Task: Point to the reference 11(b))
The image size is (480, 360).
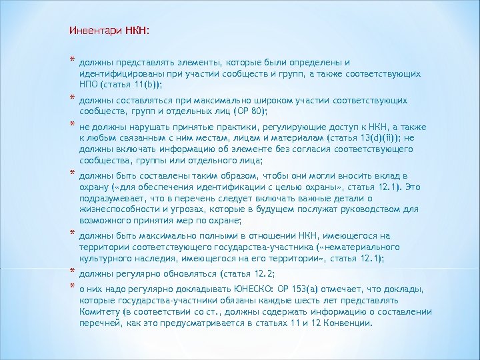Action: click(147, 86)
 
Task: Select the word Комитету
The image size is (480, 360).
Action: click(101, 311)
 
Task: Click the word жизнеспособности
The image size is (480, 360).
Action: click(117, 209)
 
